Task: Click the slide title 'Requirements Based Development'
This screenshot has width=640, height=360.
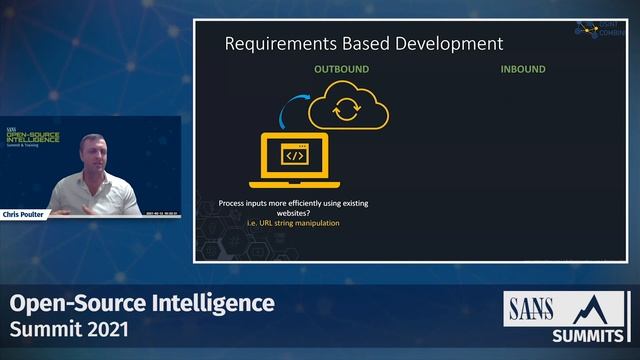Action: [x=363, y=44]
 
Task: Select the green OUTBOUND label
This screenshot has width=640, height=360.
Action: [x=341, y=70]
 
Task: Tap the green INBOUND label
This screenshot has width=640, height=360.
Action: [x=523, y=70]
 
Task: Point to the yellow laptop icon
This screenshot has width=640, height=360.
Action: [x=294, y=160]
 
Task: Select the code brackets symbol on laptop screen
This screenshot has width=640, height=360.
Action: [x=294, y=156]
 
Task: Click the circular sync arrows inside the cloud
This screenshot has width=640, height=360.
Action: [x=345, y=110]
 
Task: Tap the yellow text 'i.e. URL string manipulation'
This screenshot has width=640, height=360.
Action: [x=293, y=223]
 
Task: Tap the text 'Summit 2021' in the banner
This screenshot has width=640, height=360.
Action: [x=68, y=328]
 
